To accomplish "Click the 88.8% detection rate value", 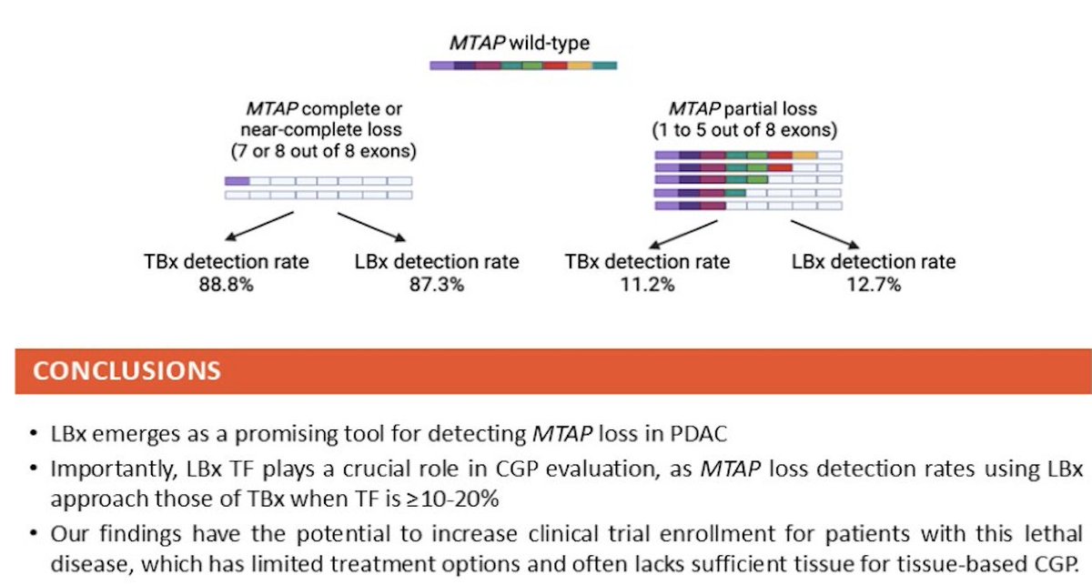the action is coord(227,284).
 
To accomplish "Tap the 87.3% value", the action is coord(437,284).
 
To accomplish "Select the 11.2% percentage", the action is coord(647,284).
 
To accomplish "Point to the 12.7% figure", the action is coord(874,284).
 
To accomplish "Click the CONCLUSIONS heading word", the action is coord(126,371).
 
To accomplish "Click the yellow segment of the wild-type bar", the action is coord(580,66).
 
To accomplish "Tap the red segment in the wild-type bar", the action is coord(555,66).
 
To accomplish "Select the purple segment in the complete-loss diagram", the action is coord(237,181).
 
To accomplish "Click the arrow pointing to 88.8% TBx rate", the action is coord(259,227).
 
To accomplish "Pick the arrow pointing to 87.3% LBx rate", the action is coord(371,227).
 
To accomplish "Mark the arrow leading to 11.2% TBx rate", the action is coord(683,235).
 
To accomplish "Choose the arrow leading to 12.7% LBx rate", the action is coord(824,235).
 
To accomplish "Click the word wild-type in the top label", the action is coord(550,44).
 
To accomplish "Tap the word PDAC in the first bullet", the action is coord(699,434).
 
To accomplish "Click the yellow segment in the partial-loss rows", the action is coord(804,156).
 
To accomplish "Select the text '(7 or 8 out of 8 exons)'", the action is coord(324,151).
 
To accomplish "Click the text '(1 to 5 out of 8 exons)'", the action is coord(744,130).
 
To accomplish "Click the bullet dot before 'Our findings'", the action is coord(33,533).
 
